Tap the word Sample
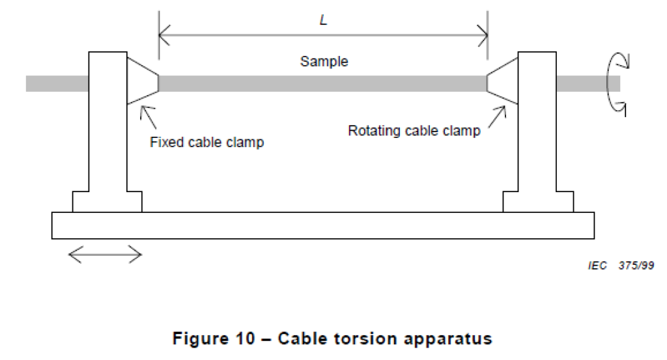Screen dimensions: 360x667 (x=324, y=62)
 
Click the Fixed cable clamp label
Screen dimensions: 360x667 (x=207, y=143)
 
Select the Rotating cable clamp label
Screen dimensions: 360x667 (x=414, y=131)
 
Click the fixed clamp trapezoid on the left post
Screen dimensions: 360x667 (x=142, y=82)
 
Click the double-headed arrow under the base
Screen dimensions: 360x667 (x=105, y=255)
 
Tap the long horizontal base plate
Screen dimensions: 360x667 (x=322, y=225)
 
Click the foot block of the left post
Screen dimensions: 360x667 (x=107, y=202)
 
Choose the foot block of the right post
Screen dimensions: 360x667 (x=538, y=202)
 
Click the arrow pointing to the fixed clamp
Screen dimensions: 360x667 (x=148, y=116)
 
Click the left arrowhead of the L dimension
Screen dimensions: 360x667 (x=163, y=32)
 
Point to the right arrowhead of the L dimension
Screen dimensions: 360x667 (x=483, y=32)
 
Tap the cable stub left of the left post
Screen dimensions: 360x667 (x=57, y=83)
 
